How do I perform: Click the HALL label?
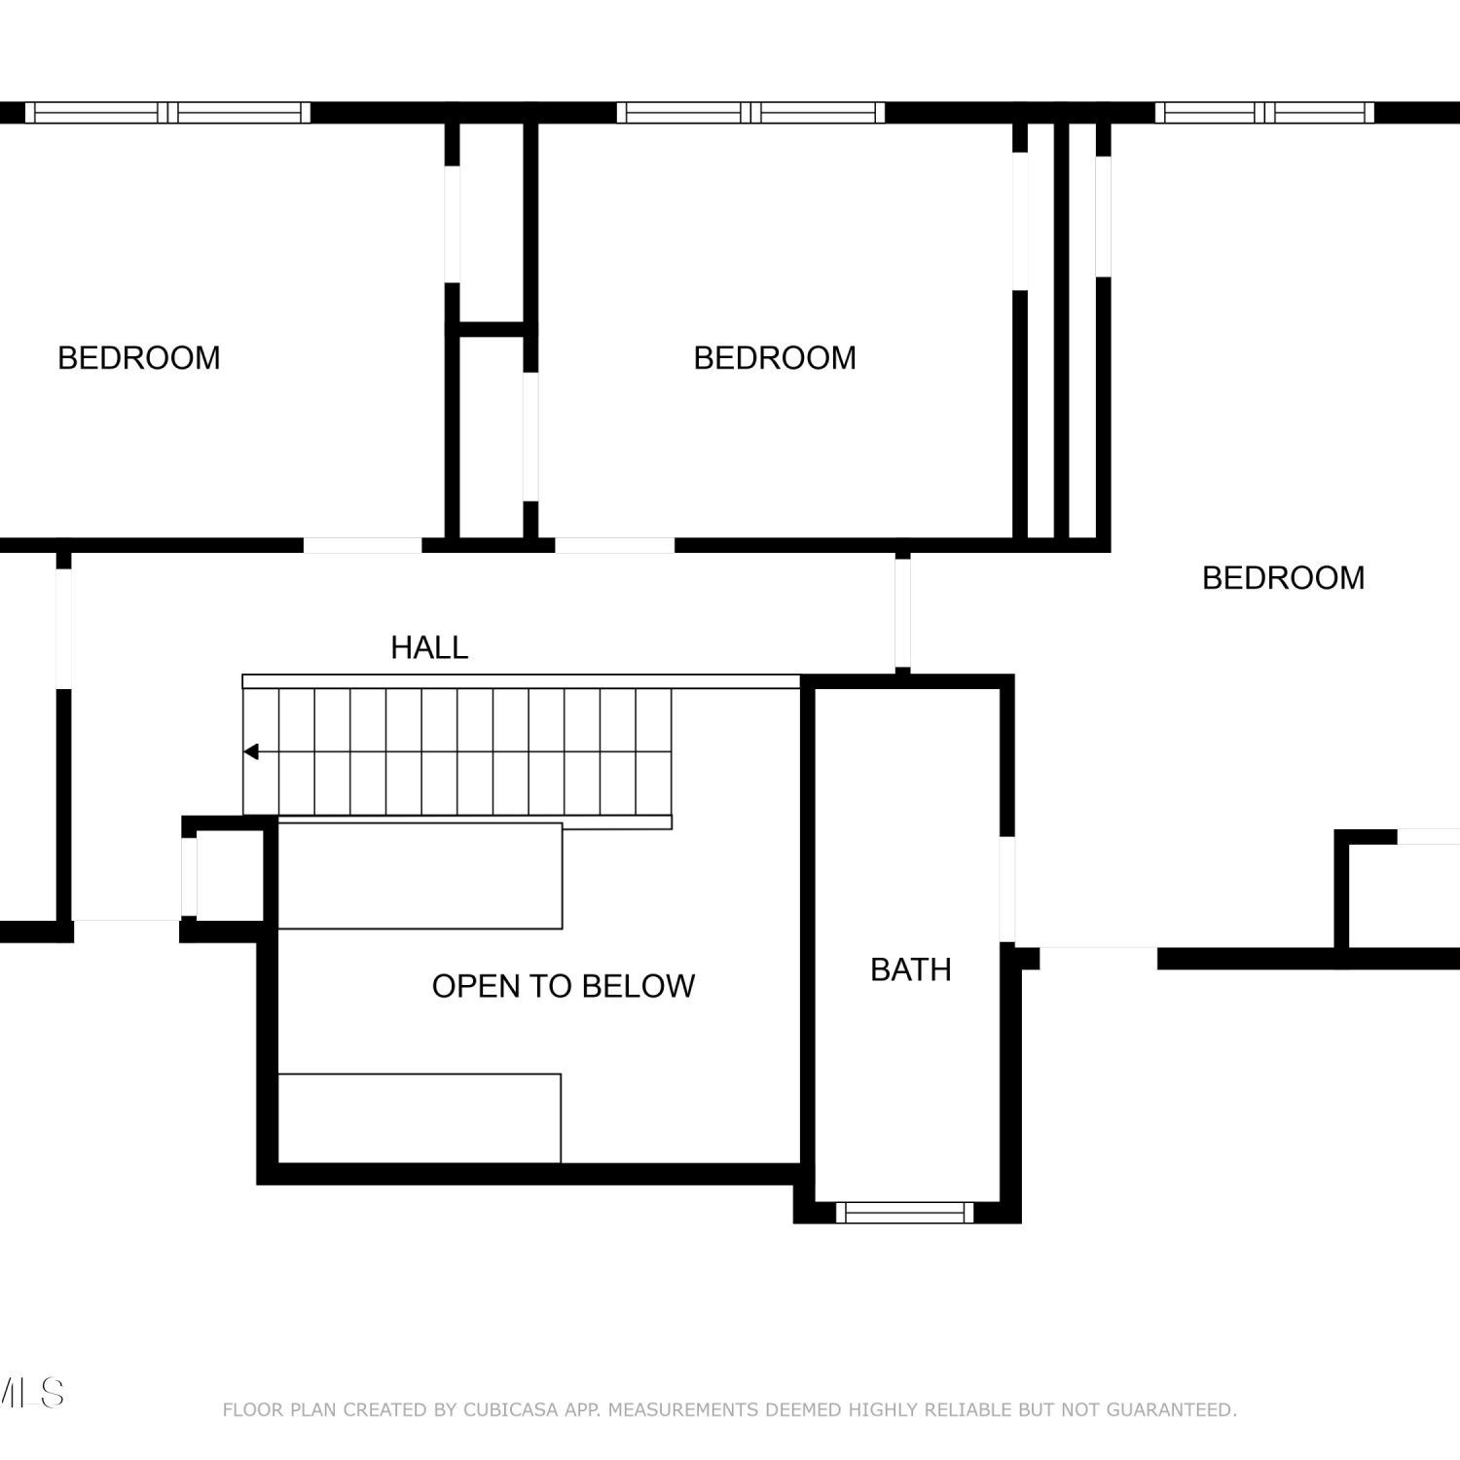[429, 647]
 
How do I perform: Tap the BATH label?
[911, 969]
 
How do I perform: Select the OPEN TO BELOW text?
[564, 986]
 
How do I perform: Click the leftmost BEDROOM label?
[139, 358]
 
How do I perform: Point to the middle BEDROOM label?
[775, 358]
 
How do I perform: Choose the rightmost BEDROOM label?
[1284, 578]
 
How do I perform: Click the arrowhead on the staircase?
[251, 751]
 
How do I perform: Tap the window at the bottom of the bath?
[905, 1212]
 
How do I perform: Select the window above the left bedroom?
[167, 113]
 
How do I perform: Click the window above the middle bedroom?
[750, 113]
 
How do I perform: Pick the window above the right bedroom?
[1264, 113]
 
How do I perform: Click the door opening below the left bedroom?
[362, 545]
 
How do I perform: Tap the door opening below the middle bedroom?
[614, 545]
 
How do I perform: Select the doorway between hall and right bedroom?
[902, 613]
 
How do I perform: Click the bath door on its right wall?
[1007, 890]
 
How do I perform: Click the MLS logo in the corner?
[32, 1393]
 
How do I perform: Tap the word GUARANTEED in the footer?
[1168, 1409]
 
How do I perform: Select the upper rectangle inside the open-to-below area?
[420, 876]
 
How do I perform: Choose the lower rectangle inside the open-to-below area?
[420, 1118]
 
